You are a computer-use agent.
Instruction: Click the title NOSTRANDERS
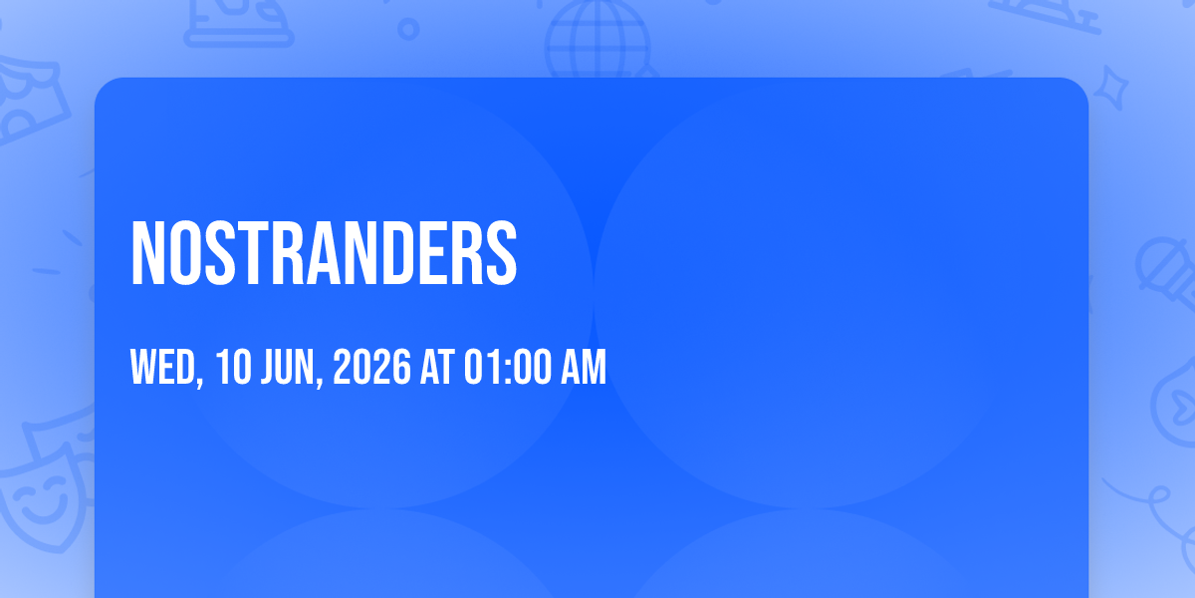[324, 253]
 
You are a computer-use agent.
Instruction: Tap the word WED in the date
[162, 367]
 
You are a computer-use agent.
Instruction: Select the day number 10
[233, 367]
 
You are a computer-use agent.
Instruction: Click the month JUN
[288, 367]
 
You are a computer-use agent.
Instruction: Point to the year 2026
[371, 367]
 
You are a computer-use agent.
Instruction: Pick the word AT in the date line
[437, 367]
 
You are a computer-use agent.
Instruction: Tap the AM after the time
[584, 367]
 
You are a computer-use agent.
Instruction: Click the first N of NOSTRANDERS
[147, 253]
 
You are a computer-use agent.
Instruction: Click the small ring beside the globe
[408, 29]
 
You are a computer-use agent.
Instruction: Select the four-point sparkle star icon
[1111, 88]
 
